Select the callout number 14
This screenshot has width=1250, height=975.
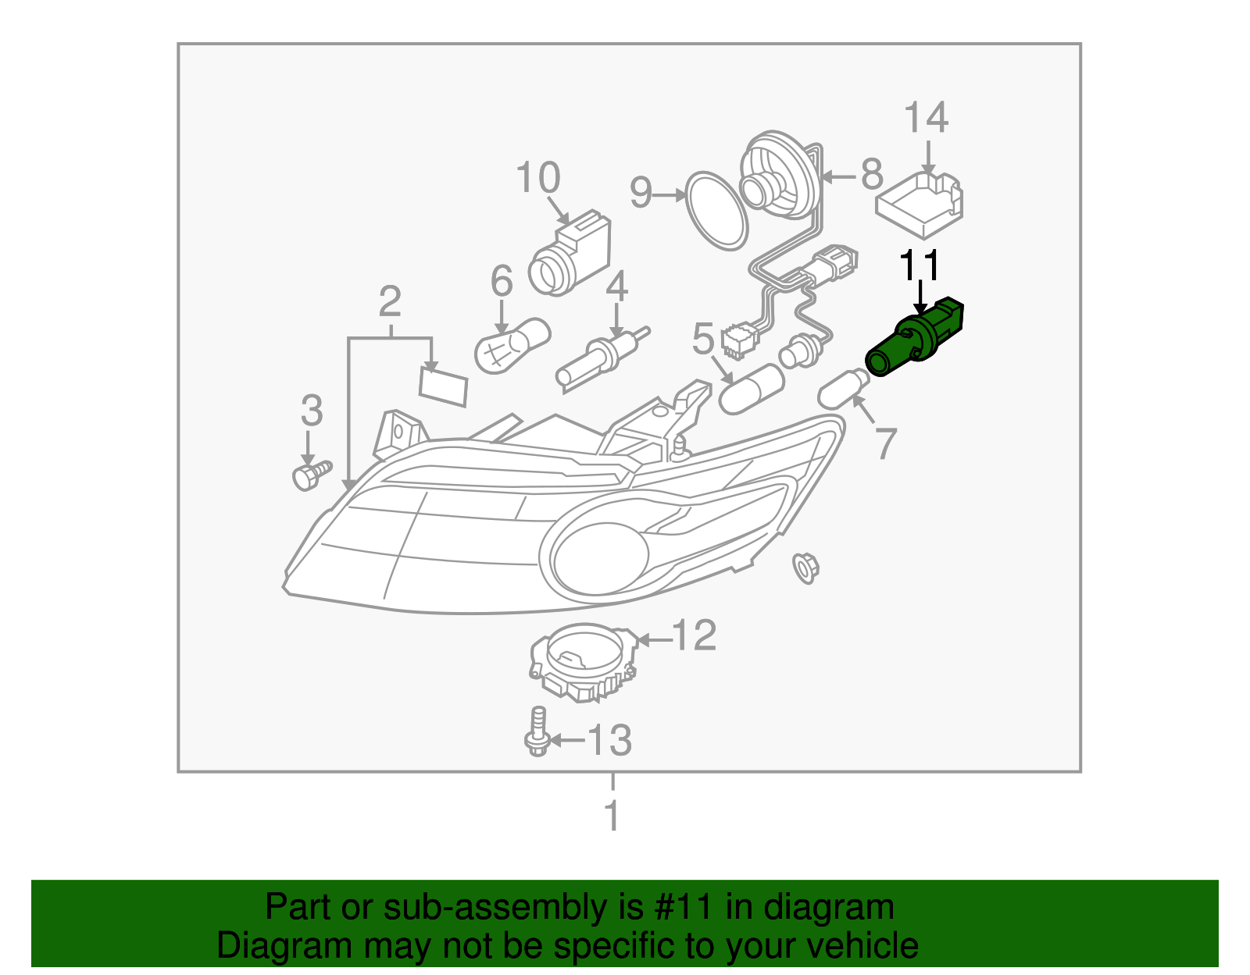click(x=926, y=118)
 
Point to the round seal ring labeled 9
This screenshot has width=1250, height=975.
click(x=716, y=212)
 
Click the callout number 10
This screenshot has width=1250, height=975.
click(x=538, y=178)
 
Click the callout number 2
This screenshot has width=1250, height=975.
click(x=390, y=301)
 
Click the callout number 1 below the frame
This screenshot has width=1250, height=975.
click(x=612, y=816)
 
